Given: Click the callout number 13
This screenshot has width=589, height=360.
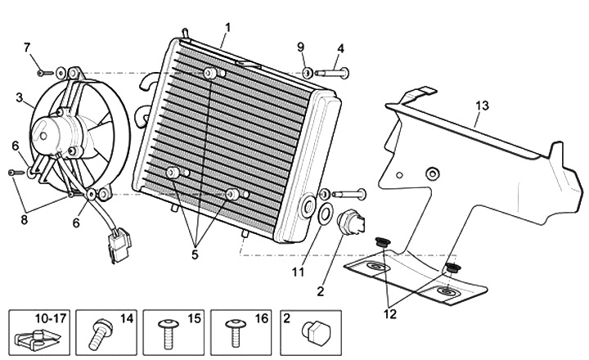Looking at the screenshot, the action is tap(482, 106).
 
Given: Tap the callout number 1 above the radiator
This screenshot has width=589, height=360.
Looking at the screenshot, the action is tap(227, 28).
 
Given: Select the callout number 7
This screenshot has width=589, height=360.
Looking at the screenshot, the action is tap(27, 47).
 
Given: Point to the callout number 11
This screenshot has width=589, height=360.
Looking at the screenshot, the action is tap(298, 272).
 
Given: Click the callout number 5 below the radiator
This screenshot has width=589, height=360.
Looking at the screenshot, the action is tap(195, 254).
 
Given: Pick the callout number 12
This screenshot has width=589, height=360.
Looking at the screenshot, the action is tap(390, 313).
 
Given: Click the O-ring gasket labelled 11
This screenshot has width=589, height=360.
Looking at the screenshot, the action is tap(325, 213).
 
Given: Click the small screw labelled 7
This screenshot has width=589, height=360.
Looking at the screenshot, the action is tap(45, 73).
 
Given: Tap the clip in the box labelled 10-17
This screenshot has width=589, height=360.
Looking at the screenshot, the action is tap(38, 339).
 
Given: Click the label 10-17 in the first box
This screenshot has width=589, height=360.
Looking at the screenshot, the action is tap(51, 318).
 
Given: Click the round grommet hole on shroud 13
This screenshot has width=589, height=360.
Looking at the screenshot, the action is tap(433, 173).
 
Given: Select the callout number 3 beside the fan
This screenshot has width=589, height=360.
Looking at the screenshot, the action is tap(20, 97).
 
